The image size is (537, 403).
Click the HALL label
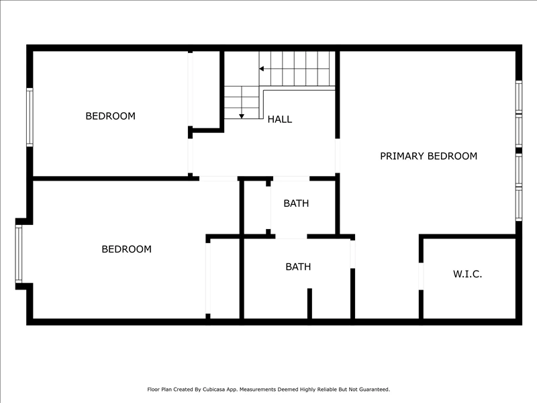[280, 120]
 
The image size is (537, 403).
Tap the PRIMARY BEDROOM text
[428, 156]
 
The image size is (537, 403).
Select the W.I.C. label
[467, 274]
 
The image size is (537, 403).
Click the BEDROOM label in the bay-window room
[126, 249]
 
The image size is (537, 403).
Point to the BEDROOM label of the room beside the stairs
[110, 116]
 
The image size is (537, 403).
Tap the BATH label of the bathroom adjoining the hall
[296, 204]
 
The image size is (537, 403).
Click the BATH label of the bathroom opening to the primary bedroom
[298, 267]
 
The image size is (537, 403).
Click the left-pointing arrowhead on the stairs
[261, 69]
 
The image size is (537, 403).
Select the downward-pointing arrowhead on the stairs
[242, 116]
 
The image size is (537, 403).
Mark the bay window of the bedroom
[19, 254]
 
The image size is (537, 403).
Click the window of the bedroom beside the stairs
[30, 117]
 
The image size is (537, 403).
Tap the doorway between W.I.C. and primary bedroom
[421, 276]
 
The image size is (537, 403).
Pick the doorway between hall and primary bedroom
[338, 156]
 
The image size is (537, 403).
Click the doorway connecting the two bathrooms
[291, 237]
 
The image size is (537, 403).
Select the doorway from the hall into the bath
[291, 179]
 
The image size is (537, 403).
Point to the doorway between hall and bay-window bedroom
[219, 179]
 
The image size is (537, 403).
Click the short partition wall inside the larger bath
[309, 304]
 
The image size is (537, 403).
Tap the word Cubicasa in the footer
[213, 390]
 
